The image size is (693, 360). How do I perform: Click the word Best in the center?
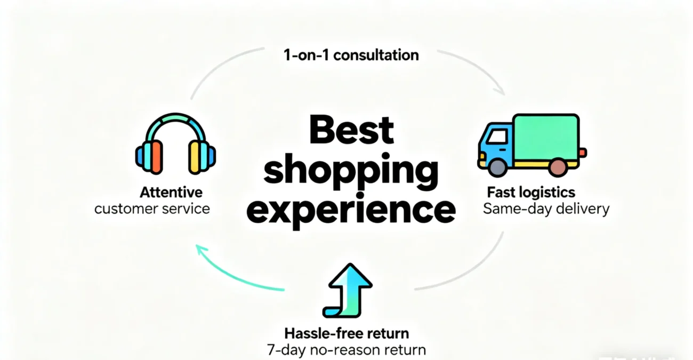pos(351,130)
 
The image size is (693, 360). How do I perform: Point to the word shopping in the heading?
pos(351,171)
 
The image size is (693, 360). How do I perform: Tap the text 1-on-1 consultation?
pos(351,55)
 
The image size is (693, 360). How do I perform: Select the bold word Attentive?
pos(171,192)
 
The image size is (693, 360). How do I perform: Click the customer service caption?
pos(152,209)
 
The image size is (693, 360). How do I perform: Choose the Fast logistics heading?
pos(531,192)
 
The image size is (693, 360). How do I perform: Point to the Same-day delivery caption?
pos(546,209)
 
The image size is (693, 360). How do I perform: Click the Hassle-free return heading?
pos(346,333)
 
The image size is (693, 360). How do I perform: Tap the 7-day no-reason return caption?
pos(346,350)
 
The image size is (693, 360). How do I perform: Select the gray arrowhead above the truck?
pos(499,90)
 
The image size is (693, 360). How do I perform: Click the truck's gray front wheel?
pos(497,168)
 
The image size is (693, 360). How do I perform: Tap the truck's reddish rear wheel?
pos(558,167)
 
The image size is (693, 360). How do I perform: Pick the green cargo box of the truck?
pos(546,138)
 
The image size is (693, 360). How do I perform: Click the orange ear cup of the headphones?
pos(157,157)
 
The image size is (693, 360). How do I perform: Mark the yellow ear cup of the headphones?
pos(194,157)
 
